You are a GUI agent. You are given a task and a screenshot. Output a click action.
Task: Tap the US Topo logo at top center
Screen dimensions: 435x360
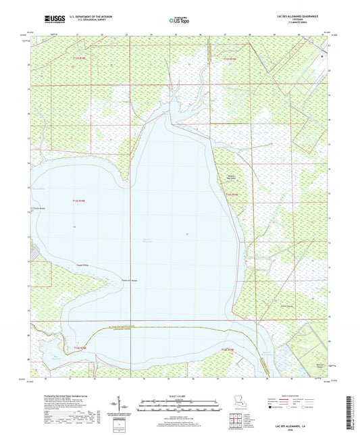click(x=179, y=21)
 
